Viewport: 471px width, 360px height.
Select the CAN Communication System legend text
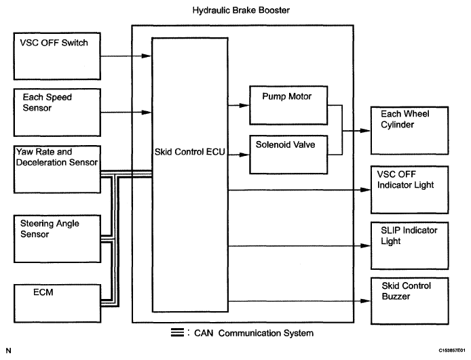254,333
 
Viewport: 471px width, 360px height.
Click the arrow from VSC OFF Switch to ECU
122,56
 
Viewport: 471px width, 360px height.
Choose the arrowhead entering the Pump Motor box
246,105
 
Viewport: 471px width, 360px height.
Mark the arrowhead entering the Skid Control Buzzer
367,300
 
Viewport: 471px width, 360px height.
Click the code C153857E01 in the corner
448,351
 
